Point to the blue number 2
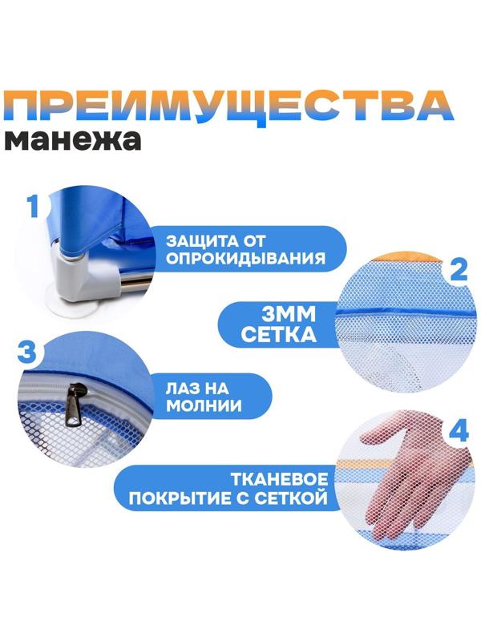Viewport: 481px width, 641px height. click(457, 268)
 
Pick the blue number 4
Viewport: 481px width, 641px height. click(458, 431)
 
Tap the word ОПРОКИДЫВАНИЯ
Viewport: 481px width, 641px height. click(245, 259)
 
